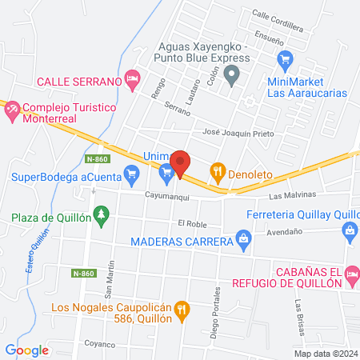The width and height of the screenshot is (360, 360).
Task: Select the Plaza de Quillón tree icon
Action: coord(100,215)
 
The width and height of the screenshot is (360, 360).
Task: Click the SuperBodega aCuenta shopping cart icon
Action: coord(166,170)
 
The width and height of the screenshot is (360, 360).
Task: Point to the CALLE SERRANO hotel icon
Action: coord(133,79)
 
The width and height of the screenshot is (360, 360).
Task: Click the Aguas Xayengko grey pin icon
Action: coord(233,77)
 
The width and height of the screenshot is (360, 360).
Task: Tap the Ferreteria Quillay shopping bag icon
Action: coord(349,230)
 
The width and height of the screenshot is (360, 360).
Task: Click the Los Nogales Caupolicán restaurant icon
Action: coord(182,308)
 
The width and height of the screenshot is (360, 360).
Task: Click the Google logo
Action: coord(26,350)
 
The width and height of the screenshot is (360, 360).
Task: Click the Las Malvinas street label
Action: coord(293,195)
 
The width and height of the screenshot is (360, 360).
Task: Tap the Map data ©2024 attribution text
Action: coord(325,353)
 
